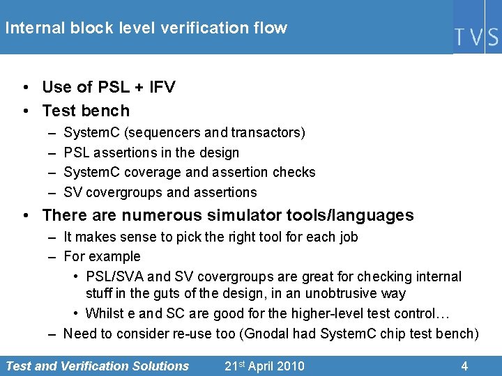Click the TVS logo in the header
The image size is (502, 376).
[477, 36]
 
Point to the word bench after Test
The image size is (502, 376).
[105, 111]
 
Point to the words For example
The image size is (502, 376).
[102, 256]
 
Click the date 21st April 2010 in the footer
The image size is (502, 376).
[264, 366]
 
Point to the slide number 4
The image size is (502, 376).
[464, 366]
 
